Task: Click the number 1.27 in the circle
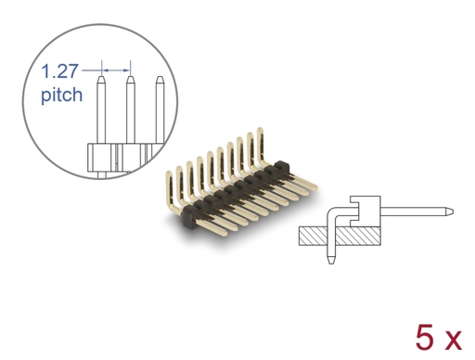click(60, 71)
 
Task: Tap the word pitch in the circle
click(62, 95)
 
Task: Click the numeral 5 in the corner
click(425, 338)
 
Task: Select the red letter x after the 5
click(452, 341)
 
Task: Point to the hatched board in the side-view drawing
click(340, 236)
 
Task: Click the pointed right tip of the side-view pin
click(453, 212)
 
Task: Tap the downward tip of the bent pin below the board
click(330, 263)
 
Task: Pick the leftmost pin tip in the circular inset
click(101, 77)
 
